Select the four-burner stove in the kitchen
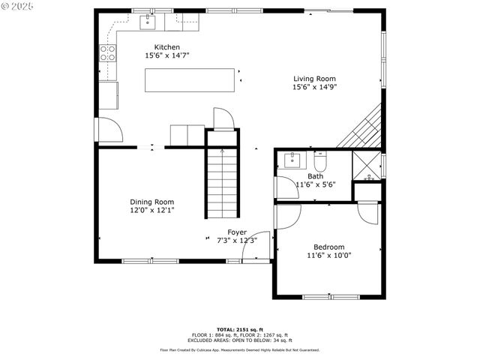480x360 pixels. point(109,52)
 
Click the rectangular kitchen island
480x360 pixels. point(190,80)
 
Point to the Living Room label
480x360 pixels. point(314,78)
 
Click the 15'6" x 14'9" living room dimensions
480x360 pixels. point(314,87)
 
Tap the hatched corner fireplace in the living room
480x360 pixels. point(362,127)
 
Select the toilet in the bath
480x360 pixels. point(320,160)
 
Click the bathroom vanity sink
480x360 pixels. point(291,160)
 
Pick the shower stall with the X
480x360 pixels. point(367,166)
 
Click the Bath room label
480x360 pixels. point(315,176)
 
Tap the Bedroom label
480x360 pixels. point(328,247)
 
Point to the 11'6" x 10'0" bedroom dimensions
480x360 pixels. point(328,255)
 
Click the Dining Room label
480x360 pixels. point(151,202)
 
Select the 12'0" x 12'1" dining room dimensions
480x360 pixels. point(151,211)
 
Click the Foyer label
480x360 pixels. point(237,232)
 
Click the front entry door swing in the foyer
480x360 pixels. point(259,247)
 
